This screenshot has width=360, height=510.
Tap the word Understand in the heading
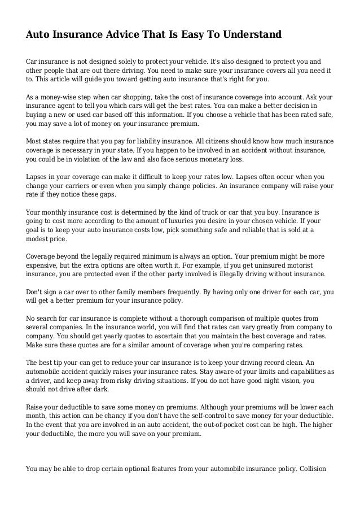[x=246, y=35]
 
